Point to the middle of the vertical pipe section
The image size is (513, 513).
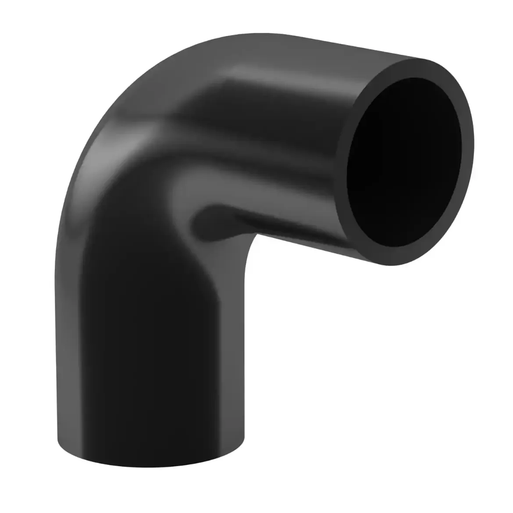click(x=149, y=351)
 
